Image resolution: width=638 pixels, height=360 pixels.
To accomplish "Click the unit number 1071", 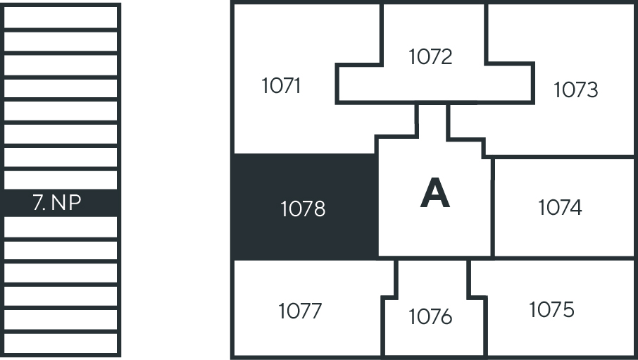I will [x=281, y=86].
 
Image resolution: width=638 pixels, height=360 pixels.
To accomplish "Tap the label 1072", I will [x=430, y=56].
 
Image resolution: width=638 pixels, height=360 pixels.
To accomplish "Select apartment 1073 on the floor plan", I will [x=575, y=90].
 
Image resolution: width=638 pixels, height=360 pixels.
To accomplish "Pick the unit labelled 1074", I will [x=560, y=208].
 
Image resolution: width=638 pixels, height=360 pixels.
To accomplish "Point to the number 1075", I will [x=551, y=309].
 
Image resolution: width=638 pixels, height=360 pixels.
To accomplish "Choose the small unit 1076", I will [x=430, y=317].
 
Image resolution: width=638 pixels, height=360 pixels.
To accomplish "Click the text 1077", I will [x=300, y=311].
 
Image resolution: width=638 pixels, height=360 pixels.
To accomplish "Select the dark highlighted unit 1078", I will [x=303, y=209].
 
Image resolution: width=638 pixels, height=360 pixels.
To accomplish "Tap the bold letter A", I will [x=434, y=194].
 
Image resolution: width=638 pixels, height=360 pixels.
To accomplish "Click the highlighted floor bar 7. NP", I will [x=61, y=203].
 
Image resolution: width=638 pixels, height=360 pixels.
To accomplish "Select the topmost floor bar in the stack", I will [x=61, y=16].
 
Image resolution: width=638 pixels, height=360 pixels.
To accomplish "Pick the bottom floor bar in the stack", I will [x=61, y=343].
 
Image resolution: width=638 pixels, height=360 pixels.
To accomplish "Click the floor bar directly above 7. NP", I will [x=61, y=180].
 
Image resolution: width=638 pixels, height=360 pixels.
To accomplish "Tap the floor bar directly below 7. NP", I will [x=61, y=227].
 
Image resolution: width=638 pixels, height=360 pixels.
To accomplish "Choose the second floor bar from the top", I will [x=61, y=40].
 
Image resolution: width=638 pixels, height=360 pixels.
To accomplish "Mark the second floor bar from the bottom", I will [x=61, y=320].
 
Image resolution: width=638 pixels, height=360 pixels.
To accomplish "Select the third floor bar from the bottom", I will [x=61, y=297].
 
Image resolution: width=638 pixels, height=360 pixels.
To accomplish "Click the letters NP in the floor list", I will [x=67, y=203].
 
